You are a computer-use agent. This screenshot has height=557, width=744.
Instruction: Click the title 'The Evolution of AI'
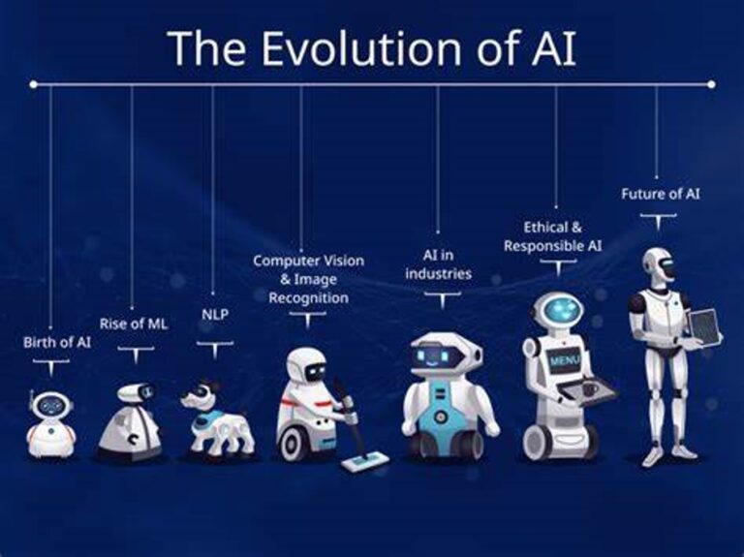371,47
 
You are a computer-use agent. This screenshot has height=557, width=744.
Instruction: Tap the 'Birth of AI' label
57,342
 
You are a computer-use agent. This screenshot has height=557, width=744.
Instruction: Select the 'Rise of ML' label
134,324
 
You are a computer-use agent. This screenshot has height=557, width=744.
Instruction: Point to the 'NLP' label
214,314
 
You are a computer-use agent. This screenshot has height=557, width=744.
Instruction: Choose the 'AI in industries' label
438,264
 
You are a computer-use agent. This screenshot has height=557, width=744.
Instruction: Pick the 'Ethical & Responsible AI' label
552,236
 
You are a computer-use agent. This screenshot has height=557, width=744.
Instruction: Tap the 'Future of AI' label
660,194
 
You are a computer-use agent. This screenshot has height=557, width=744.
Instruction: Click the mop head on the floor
365,462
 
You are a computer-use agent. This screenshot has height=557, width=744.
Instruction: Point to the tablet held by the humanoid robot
704,327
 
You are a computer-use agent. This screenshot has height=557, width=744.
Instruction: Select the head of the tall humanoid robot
660,263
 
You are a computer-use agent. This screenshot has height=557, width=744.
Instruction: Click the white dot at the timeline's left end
34,84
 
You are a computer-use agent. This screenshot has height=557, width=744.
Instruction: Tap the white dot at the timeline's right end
711,84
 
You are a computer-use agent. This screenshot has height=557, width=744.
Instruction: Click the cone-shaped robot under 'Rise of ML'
130,422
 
